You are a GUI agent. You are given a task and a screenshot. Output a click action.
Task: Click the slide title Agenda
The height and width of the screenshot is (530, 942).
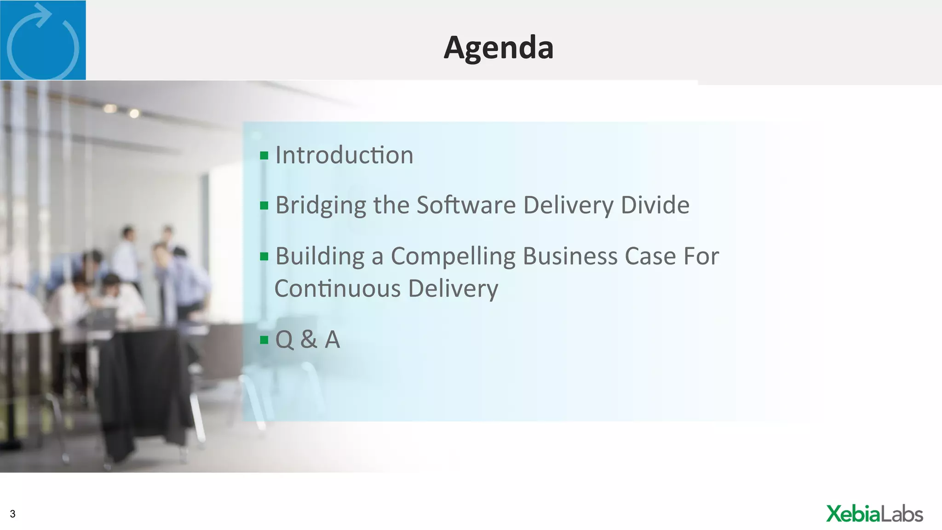[498, 47]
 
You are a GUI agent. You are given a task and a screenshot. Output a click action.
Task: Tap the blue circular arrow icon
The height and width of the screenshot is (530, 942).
[43, 40]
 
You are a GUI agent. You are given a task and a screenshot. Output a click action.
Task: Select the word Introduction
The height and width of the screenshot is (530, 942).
[344, 155]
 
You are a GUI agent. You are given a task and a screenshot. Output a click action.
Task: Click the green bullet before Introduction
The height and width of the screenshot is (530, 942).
[264, 156]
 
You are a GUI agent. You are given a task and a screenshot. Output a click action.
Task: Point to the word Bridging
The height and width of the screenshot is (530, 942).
[321, 205]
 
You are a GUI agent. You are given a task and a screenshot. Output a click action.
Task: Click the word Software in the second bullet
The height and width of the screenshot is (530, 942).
[466, 205]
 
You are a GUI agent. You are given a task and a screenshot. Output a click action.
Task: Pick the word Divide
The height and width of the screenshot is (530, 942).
[655, 205]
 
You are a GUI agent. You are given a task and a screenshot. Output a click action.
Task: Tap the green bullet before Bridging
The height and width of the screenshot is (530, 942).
[264, 205]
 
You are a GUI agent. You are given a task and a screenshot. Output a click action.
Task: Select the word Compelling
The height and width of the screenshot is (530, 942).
[453, 256]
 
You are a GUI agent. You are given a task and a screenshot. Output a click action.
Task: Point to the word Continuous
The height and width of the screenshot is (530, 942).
[338, 289]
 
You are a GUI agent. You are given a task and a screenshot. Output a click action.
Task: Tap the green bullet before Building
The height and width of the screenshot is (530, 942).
[264, 256]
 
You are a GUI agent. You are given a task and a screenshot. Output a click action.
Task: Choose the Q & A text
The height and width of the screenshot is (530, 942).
[307, 340]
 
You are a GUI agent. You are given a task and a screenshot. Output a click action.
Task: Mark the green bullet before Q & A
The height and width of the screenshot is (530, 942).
[264, 340]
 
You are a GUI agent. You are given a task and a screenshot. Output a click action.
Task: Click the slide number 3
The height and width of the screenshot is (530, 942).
[13, 514]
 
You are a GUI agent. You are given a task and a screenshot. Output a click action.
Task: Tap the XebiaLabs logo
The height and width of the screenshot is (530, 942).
[874, 514]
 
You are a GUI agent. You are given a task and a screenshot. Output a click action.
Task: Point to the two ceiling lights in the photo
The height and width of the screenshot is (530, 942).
[122, 110]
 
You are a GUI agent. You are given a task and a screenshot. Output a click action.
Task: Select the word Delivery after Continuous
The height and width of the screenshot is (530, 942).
[453, 289]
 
